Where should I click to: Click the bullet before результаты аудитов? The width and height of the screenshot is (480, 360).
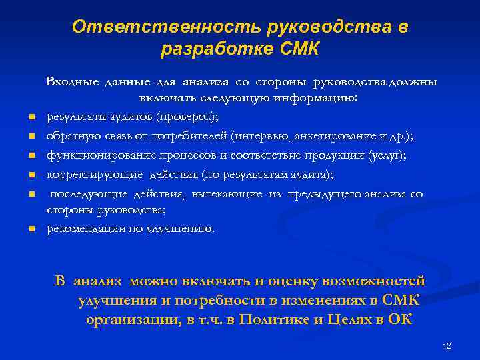point(31,119)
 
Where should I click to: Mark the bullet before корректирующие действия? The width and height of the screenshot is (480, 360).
point(31,176)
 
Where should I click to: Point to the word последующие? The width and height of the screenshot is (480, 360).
point(83,193)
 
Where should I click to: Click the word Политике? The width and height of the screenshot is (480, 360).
point(273,319)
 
